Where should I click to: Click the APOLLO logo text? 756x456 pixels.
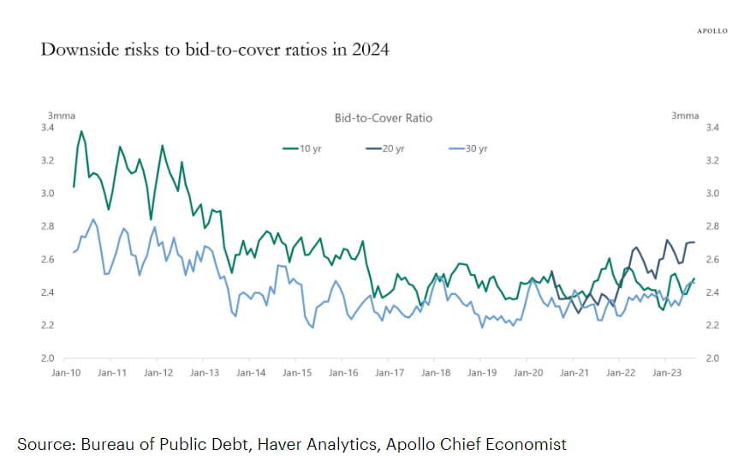coord(711,31)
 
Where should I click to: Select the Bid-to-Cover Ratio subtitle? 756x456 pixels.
coord(384,117)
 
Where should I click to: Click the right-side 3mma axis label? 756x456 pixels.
coord(685,116)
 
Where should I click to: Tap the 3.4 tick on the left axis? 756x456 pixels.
coord(48,128)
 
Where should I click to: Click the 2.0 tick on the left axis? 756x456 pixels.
coord(48,358)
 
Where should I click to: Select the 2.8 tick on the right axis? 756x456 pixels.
coord(711,226)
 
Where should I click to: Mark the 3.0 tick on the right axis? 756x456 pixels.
coord(711,194)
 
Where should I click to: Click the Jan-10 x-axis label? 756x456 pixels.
coord(66,373)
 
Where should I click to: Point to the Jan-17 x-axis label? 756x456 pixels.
coord(389,373)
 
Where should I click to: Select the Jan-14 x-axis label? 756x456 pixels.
coord(250,373)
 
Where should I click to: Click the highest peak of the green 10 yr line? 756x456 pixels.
coord(81,131)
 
